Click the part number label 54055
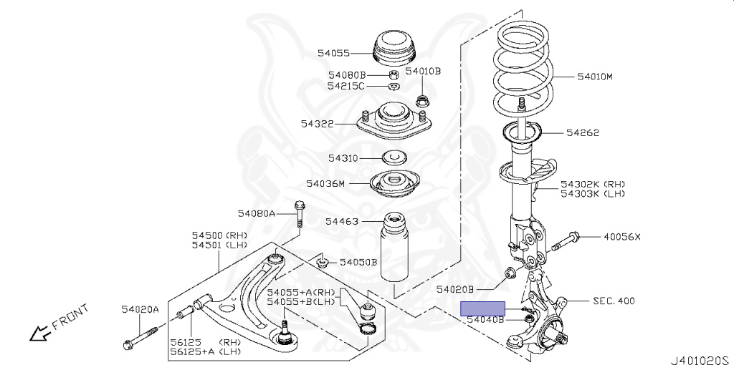click(333, 53)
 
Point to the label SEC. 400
click(614, 301)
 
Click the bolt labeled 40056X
click(564, 240)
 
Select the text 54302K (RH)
click(593, 184)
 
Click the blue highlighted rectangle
click(482, 308)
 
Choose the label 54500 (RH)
click(219, 235)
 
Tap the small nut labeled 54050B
click(323, 261)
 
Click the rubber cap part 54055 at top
click(395, 47)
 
